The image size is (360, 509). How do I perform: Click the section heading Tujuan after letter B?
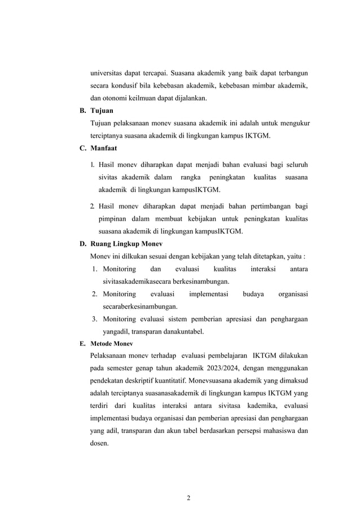click(x=102, y=111)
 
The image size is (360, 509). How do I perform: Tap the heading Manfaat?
click(x=104, y=148)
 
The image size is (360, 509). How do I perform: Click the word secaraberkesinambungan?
click(x=140, y=306)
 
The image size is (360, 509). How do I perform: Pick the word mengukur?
click(x=293, y=123)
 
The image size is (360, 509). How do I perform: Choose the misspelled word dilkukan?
click(x=136, y=256)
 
